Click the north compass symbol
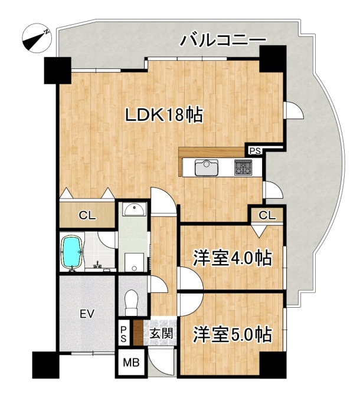37,38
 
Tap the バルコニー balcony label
222,40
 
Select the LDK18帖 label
164,116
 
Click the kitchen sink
207,167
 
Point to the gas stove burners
243,167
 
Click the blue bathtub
73,253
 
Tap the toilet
132,302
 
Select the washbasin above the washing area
135,209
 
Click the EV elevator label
87,314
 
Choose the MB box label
131,363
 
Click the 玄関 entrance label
161,334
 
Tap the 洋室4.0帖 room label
233,258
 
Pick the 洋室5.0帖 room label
233,335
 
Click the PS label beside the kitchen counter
255,151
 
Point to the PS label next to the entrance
123,334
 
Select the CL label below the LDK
87,216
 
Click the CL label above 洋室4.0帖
267,215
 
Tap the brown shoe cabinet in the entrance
138,333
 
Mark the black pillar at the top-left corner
57,71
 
